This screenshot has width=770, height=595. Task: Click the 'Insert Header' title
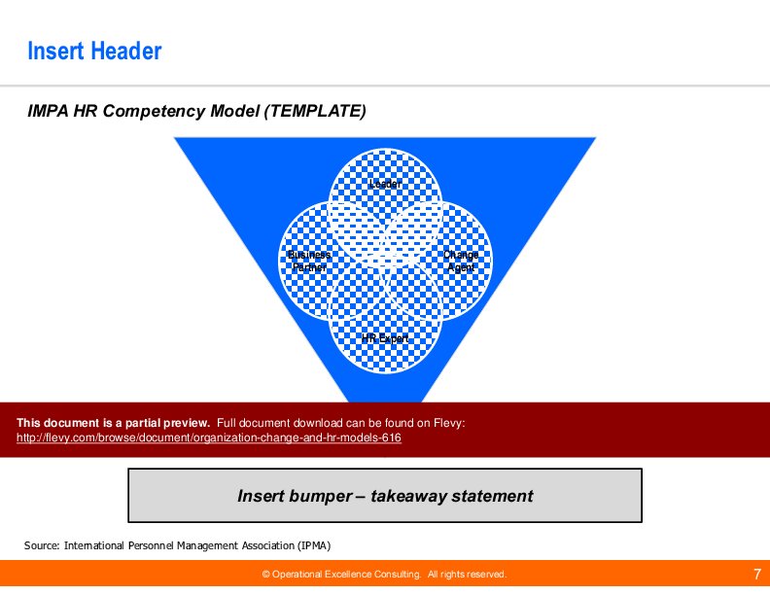[94, 51]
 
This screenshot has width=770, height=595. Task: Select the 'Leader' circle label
[385, 184]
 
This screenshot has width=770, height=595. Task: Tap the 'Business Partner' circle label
[309, 261]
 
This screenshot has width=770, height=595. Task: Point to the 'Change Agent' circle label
[461, 261]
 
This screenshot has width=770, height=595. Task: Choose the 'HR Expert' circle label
[385, 338]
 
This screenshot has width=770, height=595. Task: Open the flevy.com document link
[209, 438]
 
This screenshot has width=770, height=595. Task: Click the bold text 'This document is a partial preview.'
[113, 423]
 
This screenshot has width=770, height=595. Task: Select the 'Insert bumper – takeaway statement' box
[385, 496]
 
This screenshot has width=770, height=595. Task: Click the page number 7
[756, 574]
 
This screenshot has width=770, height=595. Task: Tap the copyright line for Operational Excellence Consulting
[385, 575]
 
